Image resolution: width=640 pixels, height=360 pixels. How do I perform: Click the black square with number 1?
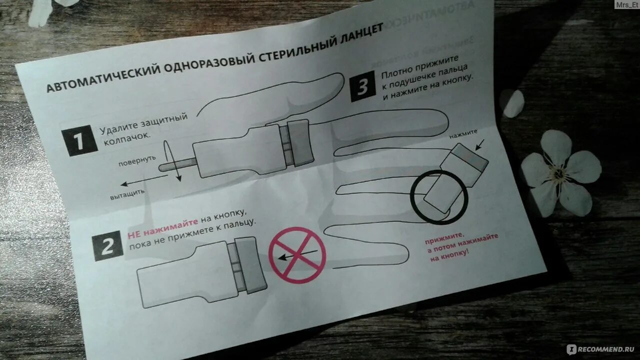(79, 140)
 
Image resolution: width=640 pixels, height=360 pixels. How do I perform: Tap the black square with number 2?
(107, 246)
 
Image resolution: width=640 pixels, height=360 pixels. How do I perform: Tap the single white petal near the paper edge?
(511, 103)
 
